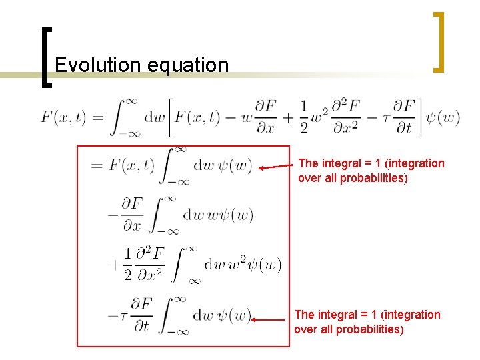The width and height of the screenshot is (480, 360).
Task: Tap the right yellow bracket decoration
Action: point(439,41)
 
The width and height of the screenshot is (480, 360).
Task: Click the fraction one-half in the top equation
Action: point(304,118)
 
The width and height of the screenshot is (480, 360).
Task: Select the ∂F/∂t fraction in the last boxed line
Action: point(140,315)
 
